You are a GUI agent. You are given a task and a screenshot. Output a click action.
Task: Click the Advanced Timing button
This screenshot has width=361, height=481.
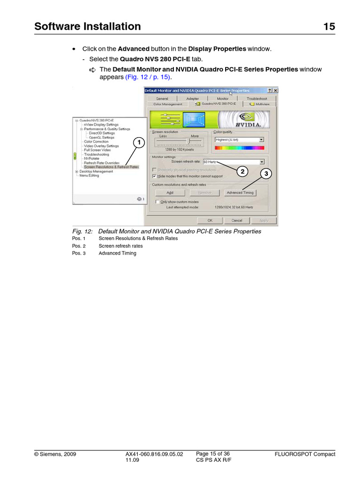(240, 193)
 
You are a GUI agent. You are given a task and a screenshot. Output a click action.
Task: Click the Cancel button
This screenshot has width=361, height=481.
(237, 220)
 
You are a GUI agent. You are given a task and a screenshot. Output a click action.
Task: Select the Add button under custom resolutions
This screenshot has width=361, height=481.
(170, 193)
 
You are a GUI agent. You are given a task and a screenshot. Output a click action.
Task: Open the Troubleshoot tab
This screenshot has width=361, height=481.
(257, 99)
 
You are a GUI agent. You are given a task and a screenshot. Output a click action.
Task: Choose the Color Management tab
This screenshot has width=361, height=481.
(167, 104)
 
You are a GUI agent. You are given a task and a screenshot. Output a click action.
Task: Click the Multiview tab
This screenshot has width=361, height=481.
(260, 104)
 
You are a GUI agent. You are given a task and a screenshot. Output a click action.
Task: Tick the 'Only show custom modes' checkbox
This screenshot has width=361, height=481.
(157, 202)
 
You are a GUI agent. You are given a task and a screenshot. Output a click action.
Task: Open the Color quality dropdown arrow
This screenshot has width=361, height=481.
(261, 140)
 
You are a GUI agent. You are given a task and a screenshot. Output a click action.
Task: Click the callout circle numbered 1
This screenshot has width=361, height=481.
(138, 142)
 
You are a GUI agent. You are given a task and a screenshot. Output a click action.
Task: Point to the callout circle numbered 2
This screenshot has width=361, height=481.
(243, 171)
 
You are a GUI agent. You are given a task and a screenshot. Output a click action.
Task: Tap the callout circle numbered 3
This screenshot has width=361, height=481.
(266, 174)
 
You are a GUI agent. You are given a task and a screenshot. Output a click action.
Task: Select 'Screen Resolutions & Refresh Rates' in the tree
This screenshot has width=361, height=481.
(111, 167)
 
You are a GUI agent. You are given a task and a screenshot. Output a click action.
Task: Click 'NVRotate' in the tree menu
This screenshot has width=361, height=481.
(92, 159)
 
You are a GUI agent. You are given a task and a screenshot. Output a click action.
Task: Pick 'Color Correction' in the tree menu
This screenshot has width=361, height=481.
(96, 141)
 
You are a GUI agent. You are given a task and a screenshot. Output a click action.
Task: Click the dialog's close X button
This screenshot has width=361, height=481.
(275, 91)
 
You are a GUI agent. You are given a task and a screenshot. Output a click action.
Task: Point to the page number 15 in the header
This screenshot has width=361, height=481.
(329, 27)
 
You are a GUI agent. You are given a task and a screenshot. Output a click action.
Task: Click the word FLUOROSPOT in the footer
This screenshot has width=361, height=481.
(294, 454)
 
